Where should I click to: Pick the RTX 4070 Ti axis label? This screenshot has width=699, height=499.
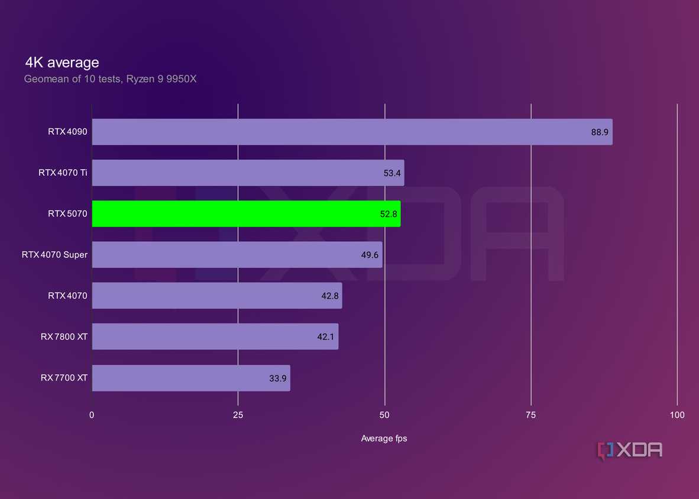click(x=63, y=173)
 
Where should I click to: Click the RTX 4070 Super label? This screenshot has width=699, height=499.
click(x=54, y=255)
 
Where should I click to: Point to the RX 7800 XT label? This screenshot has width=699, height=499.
click(x=64, y=336)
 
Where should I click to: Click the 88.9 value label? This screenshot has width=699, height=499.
click(x=599, y=132)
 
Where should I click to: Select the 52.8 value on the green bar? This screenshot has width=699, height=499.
click(x=389, y=214)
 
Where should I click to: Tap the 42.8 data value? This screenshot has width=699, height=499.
click(x=330, y=296)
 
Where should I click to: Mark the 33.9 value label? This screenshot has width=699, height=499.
click(x=278, y=378)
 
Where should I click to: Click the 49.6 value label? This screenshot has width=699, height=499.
click(x=370, y=255)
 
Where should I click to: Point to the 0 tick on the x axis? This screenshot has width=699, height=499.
click(x=92, y=415)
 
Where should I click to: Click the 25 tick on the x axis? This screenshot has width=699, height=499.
click(x=238, y=415)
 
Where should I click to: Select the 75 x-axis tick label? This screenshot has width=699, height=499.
click(x=531, y=415)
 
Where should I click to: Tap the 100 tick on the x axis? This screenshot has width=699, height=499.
click(x=677, y=415)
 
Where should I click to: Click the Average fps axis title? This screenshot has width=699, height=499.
click(x=384, y=439)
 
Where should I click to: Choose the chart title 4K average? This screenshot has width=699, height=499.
click(x=62, y=62)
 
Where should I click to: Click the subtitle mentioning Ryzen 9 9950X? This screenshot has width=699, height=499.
click(x=110, y=79)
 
